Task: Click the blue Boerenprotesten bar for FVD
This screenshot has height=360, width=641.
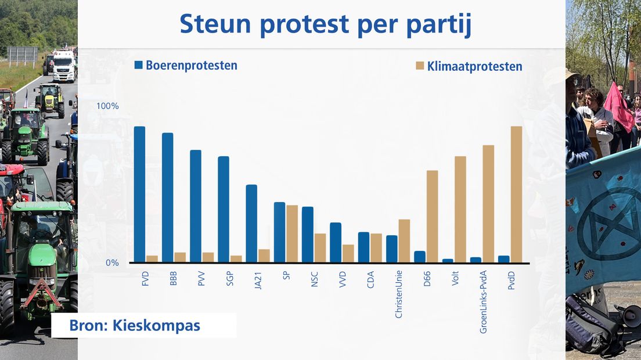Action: [139, 195]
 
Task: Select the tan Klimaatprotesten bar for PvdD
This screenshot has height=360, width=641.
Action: [516, 195]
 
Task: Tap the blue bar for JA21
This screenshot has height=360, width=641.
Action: [251, 224]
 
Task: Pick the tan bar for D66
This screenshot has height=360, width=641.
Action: [432, 217]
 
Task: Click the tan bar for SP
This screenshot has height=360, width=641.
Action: [292, 234]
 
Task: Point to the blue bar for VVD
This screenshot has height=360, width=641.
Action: [336, 243]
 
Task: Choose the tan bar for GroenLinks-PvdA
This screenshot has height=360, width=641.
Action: [488, 204]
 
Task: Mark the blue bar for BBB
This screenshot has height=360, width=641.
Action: [168, 198]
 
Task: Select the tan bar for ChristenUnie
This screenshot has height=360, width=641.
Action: [404, 241]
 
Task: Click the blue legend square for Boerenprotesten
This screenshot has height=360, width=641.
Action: [139, 65]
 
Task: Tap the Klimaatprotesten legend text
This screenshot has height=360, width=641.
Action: [474, 67]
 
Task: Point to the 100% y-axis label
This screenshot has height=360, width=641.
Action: [107, 106]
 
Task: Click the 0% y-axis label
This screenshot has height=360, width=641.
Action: [112, 263]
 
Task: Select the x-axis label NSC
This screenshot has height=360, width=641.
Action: [314, 279]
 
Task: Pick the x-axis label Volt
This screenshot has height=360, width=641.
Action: [455, 278]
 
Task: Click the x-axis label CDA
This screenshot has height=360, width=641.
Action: [370, 280]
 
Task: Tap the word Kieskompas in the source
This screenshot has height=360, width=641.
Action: [156, 326]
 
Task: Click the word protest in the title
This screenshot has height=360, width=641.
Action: [304, 24]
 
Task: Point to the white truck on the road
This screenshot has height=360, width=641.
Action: [64, 66]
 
